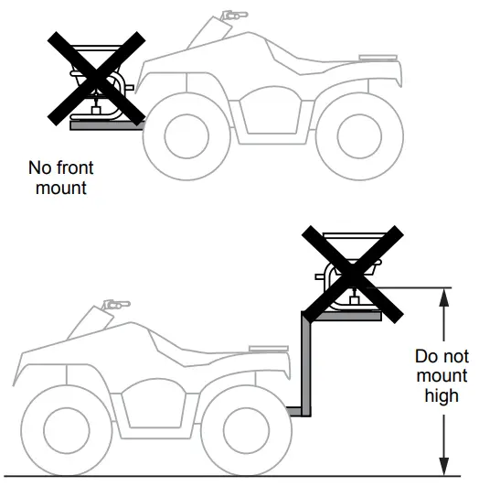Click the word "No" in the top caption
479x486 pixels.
pyautogui.click(x=39, y=169)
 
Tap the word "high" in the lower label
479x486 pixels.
pyautogui.click(x=441, y=396)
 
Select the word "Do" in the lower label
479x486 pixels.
pyautogui.click(x=425, y=356)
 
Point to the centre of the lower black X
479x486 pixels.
pyautogui.click(x=355, y=275)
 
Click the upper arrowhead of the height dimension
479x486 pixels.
pyautogui.click(x=444, y=295)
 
